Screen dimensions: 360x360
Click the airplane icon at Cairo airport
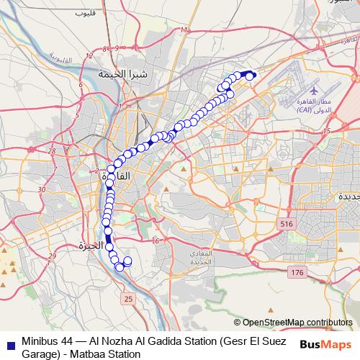pos(315,91)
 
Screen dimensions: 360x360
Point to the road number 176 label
pos(297,273)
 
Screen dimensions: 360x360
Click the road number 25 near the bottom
pos(128,297)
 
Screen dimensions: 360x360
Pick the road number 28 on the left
pos(52,150)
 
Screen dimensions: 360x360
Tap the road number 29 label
pos(52,256)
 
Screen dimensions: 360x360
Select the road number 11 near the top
pos(184,30)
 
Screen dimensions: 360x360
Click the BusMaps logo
pos(325,343)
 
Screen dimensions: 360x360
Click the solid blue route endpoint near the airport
pos(251,75)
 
